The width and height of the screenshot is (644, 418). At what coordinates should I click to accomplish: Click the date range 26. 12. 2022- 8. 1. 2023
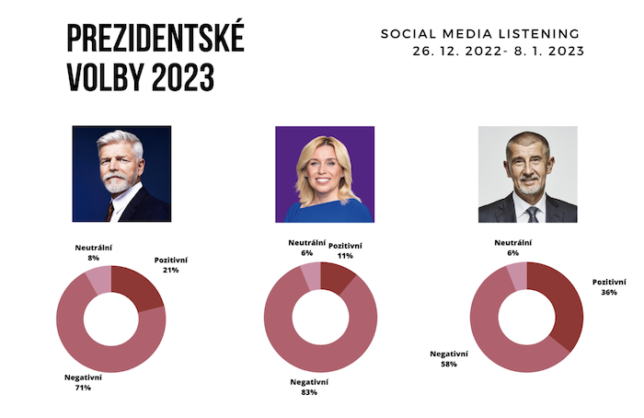click(500, 51)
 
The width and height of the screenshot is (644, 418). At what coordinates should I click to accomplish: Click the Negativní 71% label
click(83, 382)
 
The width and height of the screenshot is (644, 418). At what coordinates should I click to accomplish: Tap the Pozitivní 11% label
click(345, 251)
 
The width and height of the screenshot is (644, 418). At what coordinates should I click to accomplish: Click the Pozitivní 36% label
click(608, 287)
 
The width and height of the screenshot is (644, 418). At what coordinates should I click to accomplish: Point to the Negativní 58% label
click(449, 358)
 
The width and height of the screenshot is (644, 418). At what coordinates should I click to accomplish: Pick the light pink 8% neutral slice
click(98, 280)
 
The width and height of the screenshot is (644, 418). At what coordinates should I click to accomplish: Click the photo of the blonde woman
click(324, 174)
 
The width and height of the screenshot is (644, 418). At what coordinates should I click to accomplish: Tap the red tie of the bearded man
click(110, 211)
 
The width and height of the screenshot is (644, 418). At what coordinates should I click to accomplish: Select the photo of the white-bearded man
click(121, 174)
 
